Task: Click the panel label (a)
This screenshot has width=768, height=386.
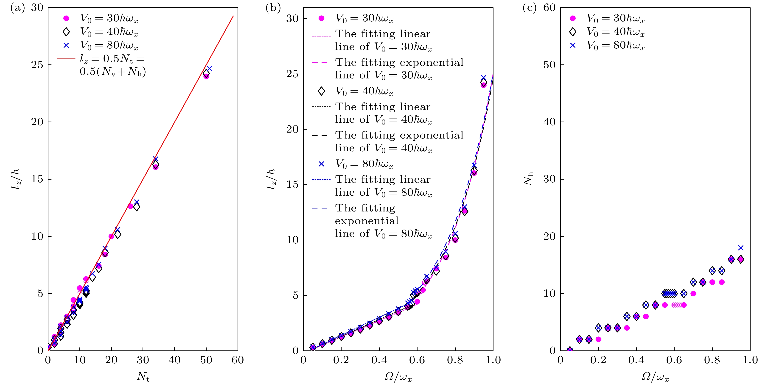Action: click(17, 8)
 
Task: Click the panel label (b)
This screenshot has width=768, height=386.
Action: click(273, 8)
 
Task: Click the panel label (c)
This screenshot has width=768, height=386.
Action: click(529, 8)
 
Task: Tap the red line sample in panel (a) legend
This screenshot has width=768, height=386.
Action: click(66, 59)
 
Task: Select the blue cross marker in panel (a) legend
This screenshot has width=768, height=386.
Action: click(66, 45)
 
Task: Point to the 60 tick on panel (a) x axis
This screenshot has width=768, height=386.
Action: click(238, 360)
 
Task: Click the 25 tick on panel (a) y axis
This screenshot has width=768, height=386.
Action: click(37, 65)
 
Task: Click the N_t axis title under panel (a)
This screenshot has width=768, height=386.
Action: click(143, 377)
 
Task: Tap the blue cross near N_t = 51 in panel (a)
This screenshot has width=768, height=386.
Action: click(209, 69)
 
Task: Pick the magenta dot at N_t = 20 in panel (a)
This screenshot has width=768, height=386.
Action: click(111, 236)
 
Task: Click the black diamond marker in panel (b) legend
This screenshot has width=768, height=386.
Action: click(321, 91)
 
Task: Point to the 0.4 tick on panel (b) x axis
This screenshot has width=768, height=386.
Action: click(379, 360)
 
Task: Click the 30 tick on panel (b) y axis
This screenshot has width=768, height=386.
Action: click(292, 19)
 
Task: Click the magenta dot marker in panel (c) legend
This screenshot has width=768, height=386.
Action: click(573, 18)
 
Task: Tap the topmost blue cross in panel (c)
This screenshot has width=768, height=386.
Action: click(740, 248)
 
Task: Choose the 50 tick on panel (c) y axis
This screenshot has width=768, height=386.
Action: click(549, 65)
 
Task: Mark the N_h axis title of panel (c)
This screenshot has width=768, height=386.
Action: click(528, 179)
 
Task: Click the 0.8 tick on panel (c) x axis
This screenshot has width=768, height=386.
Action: click(712, 360)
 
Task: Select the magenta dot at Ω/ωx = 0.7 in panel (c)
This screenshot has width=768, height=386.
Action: click(693, 294)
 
